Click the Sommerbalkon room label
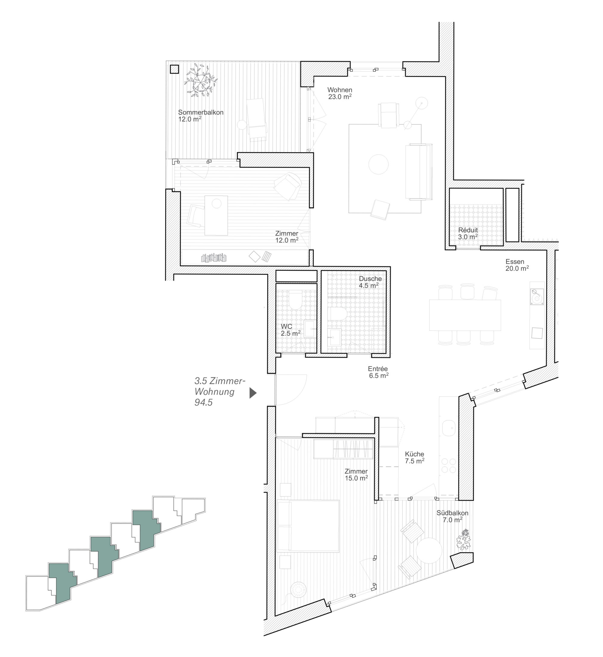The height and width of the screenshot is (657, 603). tap(200, 115)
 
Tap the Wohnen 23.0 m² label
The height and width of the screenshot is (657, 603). tap(340, 93)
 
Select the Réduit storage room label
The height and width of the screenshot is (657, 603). tap(468, 233)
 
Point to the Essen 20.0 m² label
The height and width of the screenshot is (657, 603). tap(517, 265)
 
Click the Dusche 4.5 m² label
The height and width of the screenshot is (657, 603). tap(370, 282)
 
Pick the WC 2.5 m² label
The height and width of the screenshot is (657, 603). tap(290, 330)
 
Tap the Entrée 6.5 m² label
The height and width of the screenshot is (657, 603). tap(378, 372)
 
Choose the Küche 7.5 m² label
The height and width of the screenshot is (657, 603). tap(414, 457)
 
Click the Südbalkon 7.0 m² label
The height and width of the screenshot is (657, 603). tap(452, 516)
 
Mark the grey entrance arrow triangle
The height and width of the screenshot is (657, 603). tap(253, 393)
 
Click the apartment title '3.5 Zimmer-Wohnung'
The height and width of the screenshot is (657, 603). tap(219, 386)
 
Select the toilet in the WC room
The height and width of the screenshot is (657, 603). tap(296, 300)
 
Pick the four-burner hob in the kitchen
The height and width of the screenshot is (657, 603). tap(448, 466)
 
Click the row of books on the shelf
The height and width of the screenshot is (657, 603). tap(214, 258)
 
